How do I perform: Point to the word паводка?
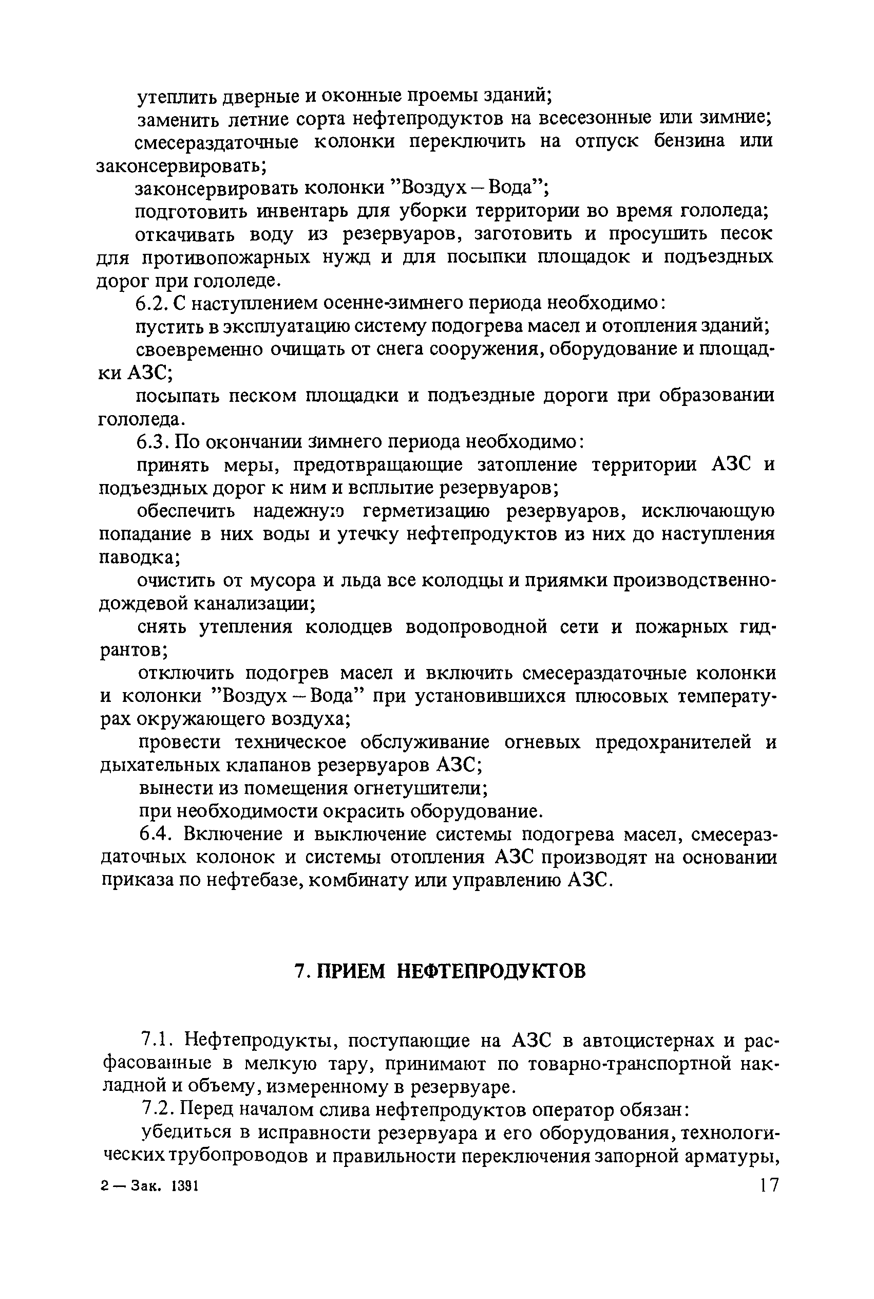(137, 558)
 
